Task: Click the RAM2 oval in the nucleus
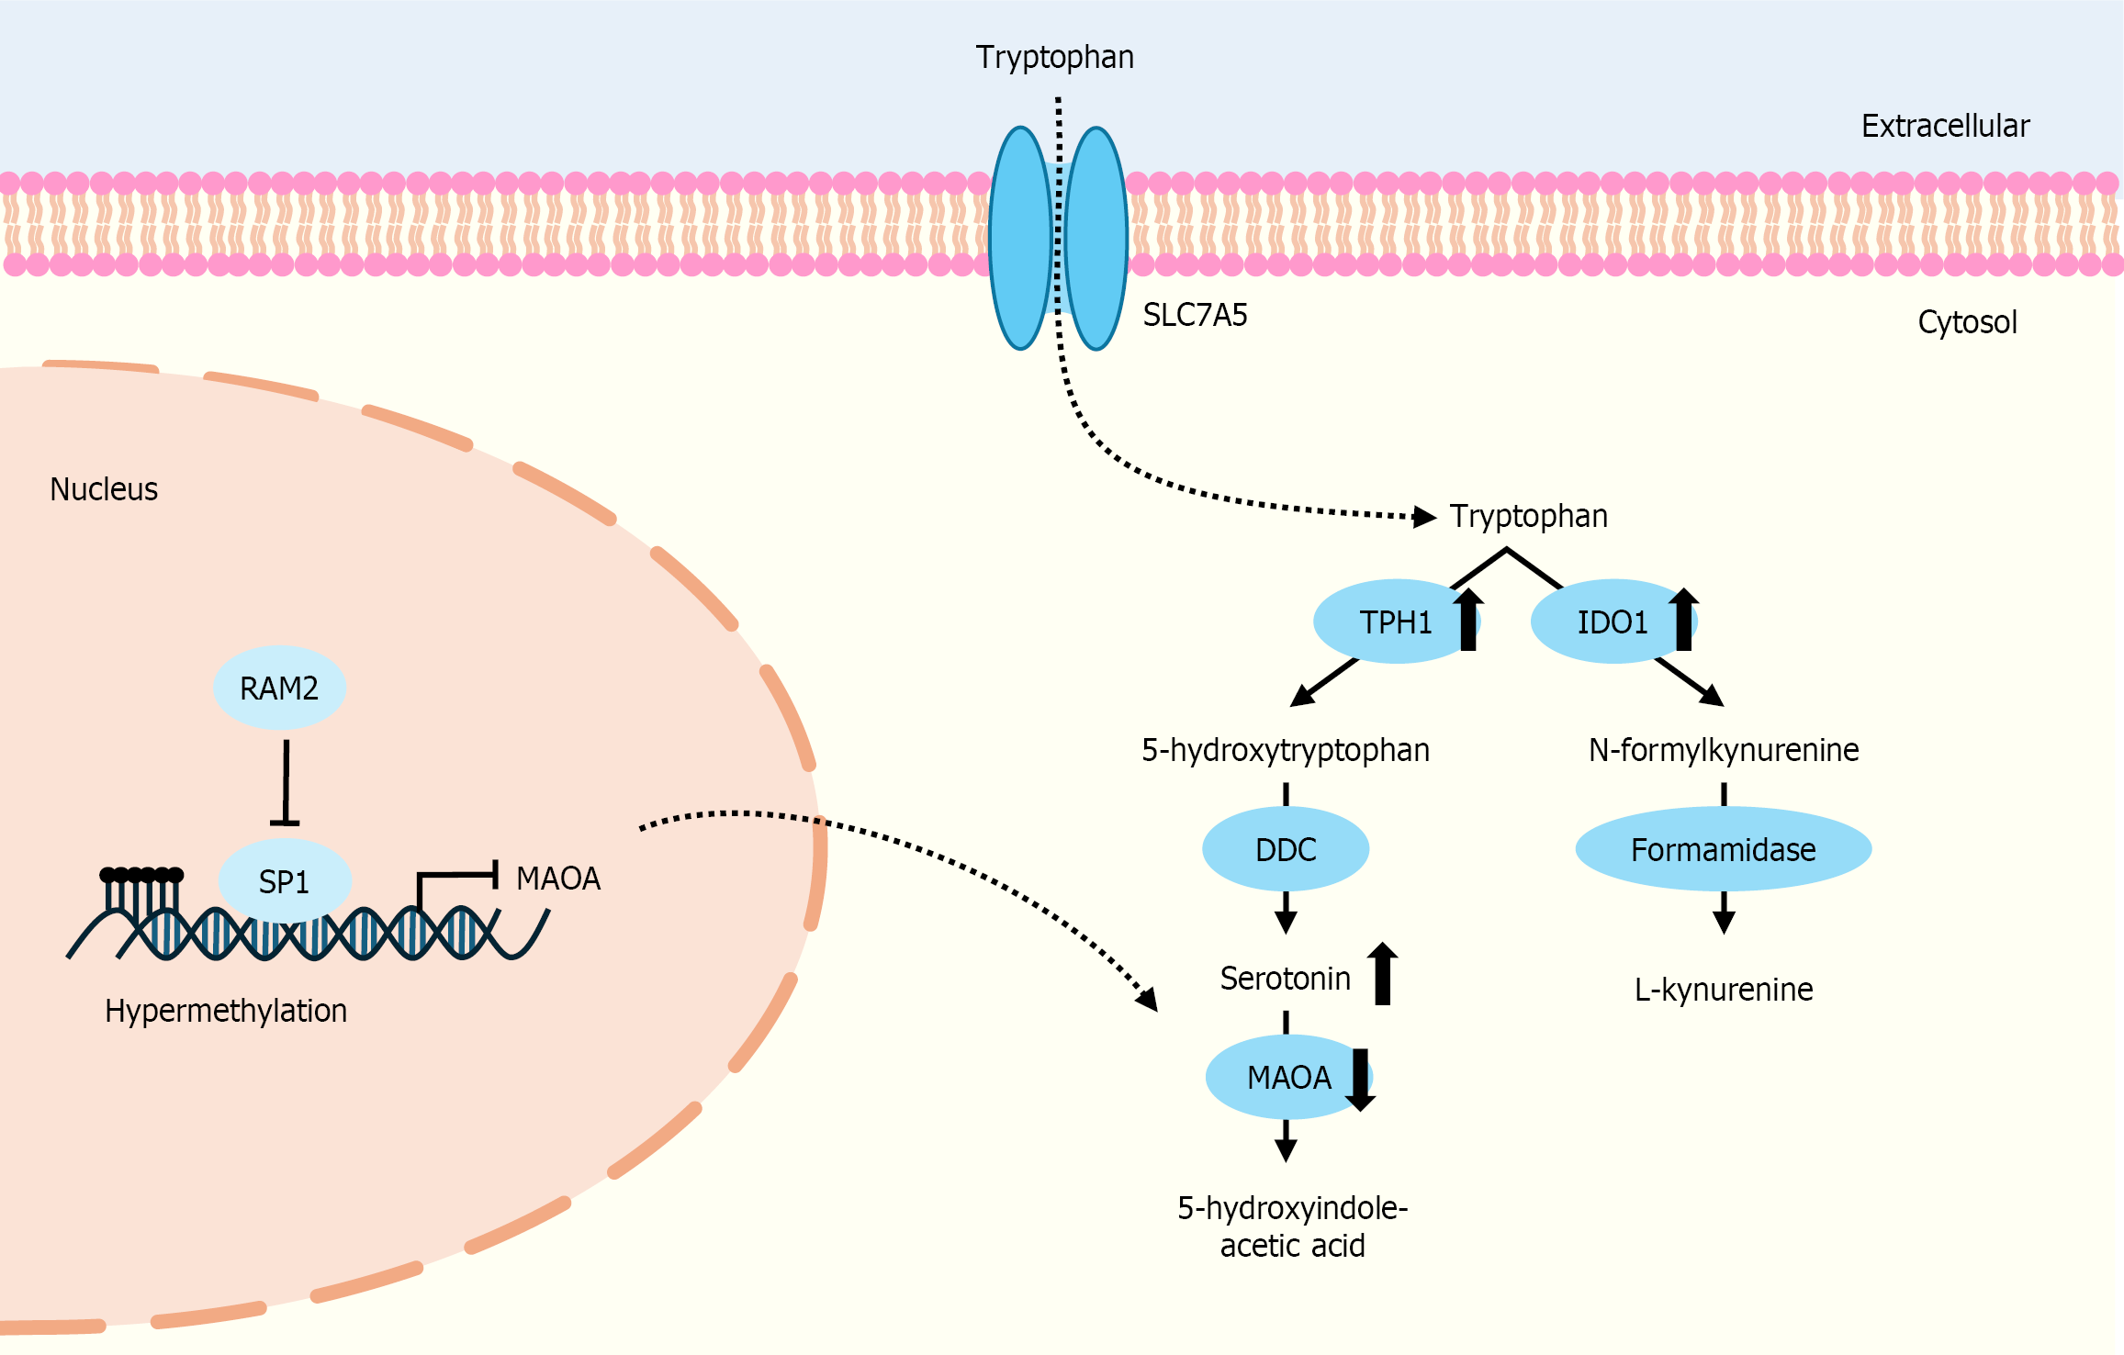(x=279, y=689)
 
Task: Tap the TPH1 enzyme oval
(x=1394, y=622)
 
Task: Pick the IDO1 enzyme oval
(x=1612, y=622)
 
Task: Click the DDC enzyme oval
(x=1286, y=849)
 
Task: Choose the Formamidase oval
(x=1723, y=849)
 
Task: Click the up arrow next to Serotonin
(x=1382, y=974)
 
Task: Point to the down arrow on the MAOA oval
(x=1360, y=1080)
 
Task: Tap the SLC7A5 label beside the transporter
(x=1195, y=315)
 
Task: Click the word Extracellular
(x=1944, y=126)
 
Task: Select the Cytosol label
(x=1967, y=322)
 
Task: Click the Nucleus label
(x=104, y=489)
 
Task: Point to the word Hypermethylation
(x=226, y=1011)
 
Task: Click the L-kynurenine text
(x=1723, y=990)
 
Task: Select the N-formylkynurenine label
(x=1723, y=750)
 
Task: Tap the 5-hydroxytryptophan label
(x=1285, y=750)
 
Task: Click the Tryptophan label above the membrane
(x=1054, y=57)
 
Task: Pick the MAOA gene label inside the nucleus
(x=557, y=879)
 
